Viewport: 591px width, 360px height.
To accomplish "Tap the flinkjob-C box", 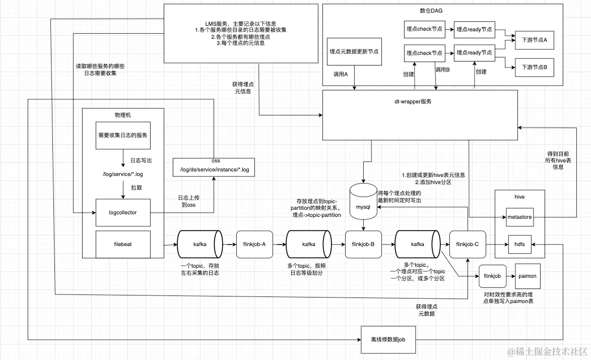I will pos(467,244).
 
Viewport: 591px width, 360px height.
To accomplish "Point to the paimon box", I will pos(527,276).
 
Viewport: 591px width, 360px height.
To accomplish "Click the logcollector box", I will pos(123,213).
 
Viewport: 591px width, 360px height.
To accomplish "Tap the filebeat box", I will pos(123,244).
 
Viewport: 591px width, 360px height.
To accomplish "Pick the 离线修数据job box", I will pos(388,340).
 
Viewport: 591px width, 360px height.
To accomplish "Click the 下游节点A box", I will pos(534,40).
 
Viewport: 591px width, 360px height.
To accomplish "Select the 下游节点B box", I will pos(534,67).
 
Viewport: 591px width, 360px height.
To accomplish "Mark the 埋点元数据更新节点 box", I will pos(354,51).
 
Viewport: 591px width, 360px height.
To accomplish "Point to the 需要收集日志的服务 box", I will pos(123,136).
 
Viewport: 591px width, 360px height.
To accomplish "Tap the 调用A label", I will pos(341,74).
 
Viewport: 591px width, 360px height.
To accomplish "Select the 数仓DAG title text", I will pos(431,10).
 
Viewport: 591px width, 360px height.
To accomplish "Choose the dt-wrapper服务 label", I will pos(413,101).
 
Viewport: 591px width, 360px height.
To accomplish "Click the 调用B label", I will pos(442,70).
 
